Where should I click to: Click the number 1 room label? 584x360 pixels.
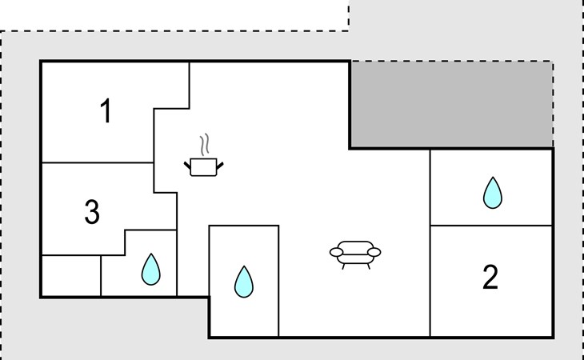click(106, 113)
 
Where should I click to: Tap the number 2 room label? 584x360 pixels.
click(490, 277)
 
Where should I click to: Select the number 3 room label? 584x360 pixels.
click(92, 213)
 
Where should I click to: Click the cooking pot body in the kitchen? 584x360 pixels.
click(204, 166)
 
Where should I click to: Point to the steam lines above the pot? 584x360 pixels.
click(206, 144)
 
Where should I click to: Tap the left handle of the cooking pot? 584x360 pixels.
click(188, 164)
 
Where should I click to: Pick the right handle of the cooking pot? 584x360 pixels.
click(220, 164)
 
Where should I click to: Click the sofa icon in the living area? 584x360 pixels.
click(354, 252)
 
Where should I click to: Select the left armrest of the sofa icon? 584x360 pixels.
click(337, 253)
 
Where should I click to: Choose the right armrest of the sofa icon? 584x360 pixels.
click(373, 253)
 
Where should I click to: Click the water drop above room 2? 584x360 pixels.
click(492, 193)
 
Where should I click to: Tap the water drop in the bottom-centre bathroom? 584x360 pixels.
click(243, 281)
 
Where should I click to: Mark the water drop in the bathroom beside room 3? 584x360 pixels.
click(150, 270)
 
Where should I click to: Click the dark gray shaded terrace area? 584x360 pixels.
click(450, 104)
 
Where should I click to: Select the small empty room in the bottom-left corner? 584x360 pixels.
click(70, 276)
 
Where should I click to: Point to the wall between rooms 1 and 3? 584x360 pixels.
click(96, 162)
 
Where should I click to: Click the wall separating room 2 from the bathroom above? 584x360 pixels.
click(491, 226)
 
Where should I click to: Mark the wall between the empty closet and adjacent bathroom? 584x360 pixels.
click(101, 276)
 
